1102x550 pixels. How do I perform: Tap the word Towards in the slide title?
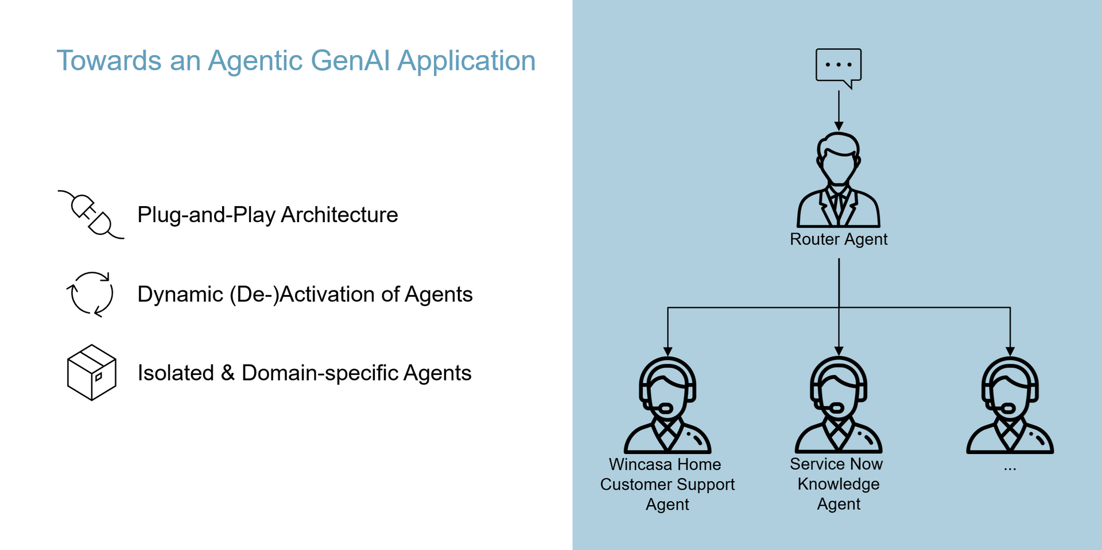(109, 61)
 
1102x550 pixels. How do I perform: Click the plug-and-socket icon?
(91, 215)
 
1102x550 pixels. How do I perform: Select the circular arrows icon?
(90, 294)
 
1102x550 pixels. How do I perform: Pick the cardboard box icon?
(92, 372)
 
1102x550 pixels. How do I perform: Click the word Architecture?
(339, 215)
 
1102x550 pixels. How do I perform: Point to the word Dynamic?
(180, 295)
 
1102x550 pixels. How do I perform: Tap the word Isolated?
(176, 373)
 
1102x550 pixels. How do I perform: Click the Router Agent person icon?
(839, 180)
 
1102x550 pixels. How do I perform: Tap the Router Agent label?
(839, 239)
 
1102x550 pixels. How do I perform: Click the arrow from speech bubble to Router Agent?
(839, 110)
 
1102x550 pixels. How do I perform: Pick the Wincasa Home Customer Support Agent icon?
(668, 405)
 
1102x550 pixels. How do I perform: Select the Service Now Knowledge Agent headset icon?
(839, 405)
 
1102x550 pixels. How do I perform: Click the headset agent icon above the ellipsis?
(1010, 405)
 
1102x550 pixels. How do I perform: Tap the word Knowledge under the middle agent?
(839, 485)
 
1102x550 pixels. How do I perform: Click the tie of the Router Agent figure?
(839, 207)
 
